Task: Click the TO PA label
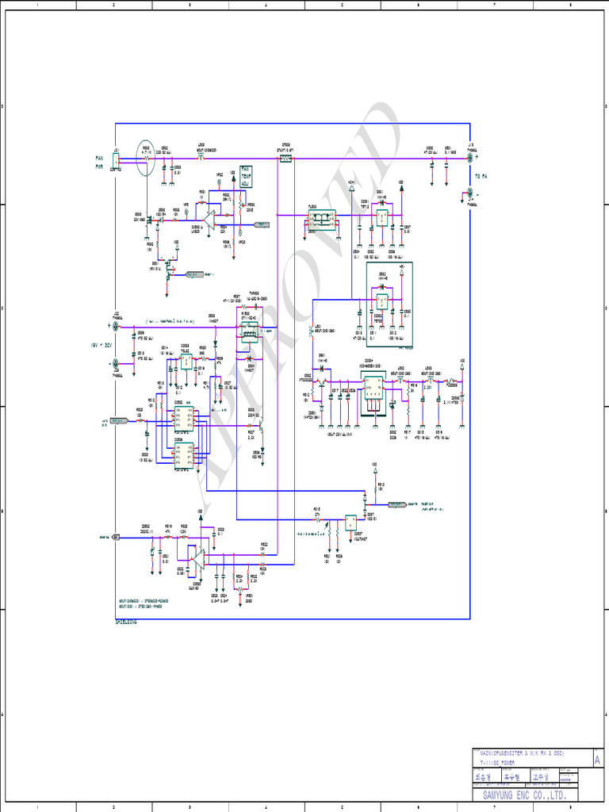point(481,176)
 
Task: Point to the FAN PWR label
point(100,163)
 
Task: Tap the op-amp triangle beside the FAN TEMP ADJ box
point(210,215)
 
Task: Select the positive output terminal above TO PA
point(471,159)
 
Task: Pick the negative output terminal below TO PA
point(471,193)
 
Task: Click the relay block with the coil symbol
point(250,334)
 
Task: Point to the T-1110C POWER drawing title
point(497,762)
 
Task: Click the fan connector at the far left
point(116,161)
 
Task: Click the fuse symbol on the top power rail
point(286,159)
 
